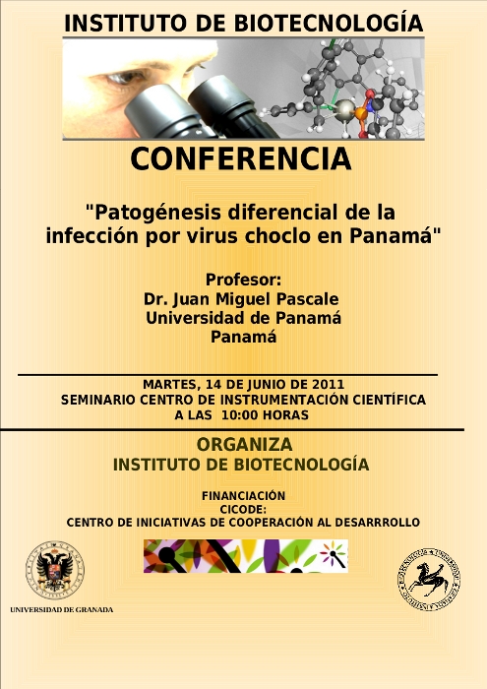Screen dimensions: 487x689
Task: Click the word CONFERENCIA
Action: tap(241, 158)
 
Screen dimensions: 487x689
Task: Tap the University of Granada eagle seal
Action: tap(55, 570)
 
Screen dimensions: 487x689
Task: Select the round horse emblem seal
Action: tap(429, 579)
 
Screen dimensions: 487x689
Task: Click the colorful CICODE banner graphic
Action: tap(246, 556)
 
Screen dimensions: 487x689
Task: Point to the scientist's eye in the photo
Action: tap(126, 78)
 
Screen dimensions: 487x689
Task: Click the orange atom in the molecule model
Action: tap(360, 114)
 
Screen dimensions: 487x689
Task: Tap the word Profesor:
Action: tap(243, 280)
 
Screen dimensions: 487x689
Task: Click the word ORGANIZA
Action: tap(244, 444)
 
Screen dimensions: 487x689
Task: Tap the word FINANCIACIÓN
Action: tap(243, 496)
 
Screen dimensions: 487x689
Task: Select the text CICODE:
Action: tap(243, 509)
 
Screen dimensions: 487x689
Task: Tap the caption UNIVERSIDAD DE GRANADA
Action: tap(61, 610)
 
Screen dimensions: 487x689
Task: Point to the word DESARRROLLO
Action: tap(377, 523)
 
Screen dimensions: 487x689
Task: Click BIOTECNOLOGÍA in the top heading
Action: tap(329, 24)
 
